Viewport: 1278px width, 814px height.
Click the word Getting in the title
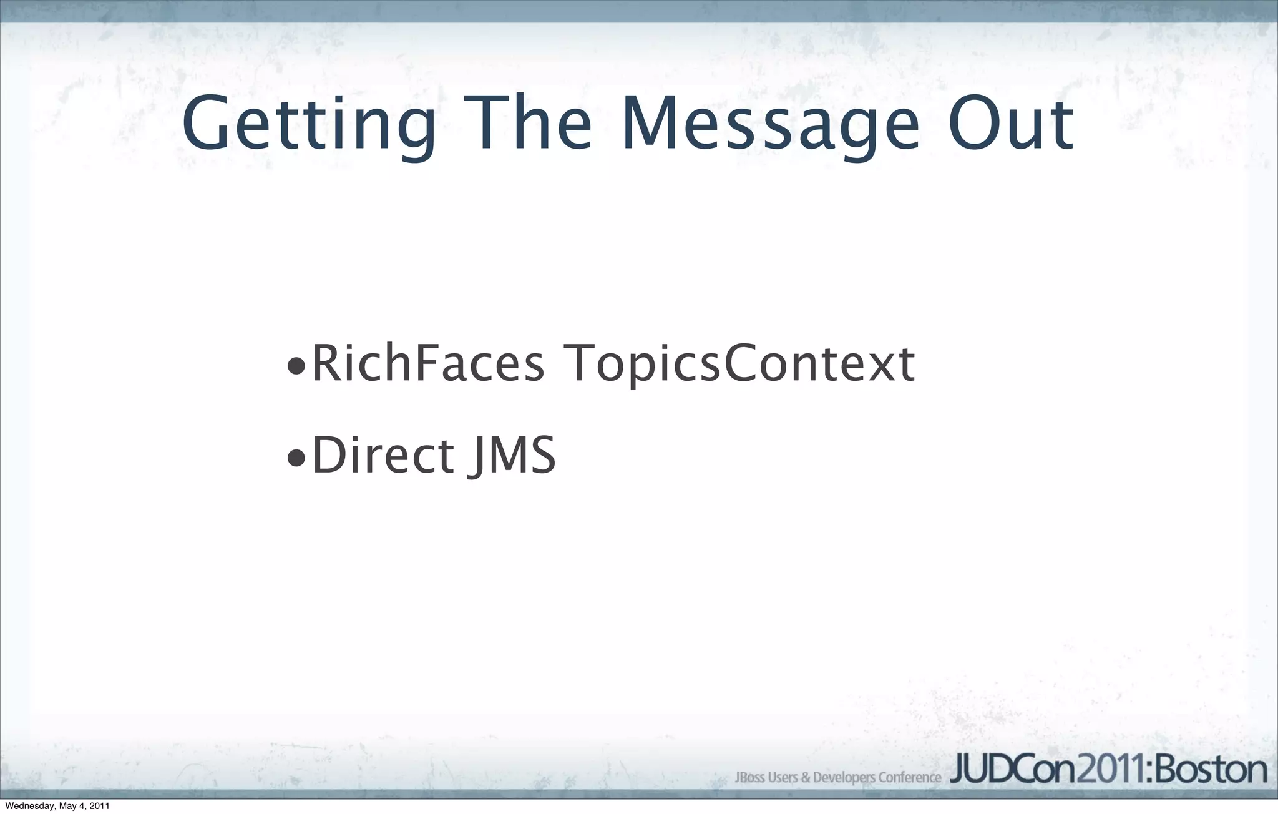(x=310, y=125)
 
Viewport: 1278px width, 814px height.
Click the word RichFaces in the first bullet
(x=428, y=365)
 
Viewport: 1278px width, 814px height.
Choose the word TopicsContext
(x=739, y=366)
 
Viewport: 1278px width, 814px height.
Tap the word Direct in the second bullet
(x=383, y=455)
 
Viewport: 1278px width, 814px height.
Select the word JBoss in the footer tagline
(x=749, y=778)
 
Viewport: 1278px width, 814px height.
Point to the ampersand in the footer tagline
(x=806, y=778)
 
